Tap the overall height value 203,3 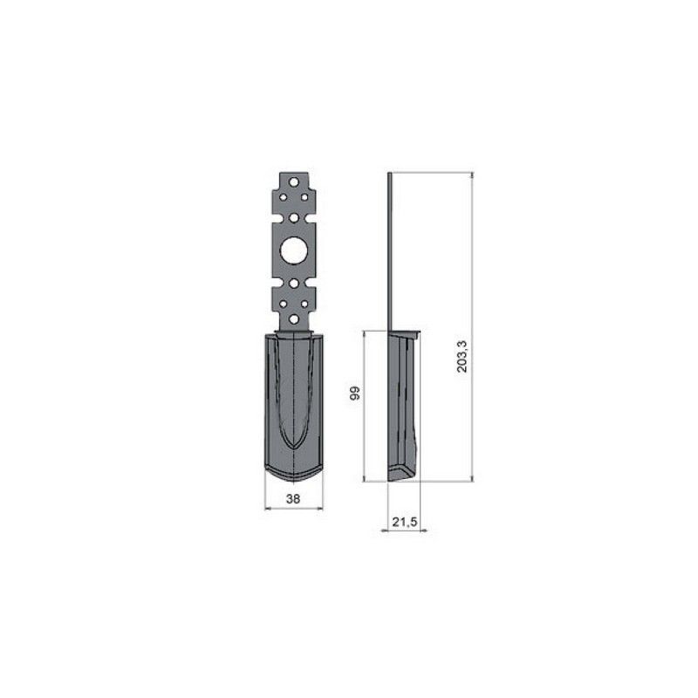click(x=462, y=357)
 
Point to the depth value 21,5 click(x=404, y=522)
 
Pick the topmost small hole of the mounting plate click(x=294, y=181)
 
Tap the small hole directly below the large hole click(x=294, y=284)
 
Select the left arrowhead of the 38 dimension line click(x=267, y=509)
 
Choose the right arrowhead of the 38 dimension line click(x=320, y=509)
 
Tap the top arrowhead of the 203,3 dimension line click(x=472, y=176)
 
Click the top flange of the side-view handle click(x=406, y=332)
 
